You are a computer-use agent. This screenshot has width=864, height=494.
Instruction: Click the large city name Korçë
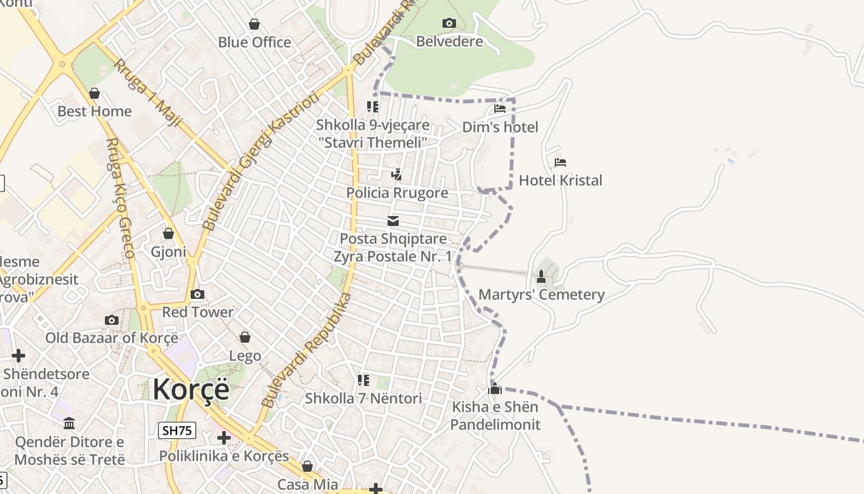click(191, 389)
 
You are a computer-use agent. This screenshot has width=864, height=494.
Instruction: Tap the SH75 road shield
click(177, 430)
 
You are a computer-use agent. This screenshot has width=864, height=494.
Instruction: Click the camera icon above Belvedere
click(449, 23)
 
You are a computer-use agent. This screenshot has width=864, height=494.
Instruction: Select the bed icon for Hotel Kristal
click(560, 162)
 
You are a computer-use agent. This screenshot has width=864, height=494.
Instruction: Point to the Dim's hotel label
click(500, 127)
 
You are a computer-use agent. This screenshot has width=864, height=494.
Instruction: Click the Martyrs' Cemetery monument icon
click(541, 277)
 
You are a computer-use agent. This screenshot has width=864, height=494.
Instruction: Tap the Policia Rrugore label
click(397, 193)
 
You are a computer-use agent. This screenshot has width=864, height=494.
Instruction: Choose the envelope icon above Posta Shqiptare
click(393, 221)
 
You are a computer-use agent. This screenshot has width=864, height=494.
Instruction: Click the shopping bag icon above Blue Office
click(254, 24)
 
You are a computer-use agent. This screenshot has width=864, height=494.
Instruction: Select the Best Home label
click(94, 111)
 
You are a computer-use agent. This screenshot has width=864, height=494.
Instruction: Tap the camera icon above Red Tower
click(197, 295)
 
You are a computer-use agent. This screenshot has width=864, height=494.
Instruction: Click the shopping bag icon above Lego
click(245, 337)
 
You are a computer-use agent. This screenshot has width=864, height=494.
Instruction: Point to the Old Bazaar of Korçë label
click(112, 338)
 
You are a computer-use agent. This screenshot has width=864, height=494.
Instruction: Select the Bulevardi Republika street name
click(306, 350)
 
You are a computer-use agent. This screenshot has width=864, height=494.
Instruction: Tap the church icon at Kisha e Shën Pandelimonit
click(495, 389)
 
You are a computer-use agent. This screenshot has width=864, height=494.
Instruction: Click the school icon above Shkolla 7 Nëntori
click(363, 380)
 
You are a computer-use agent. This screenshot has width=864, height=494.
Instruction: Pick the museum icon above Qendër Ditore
click(69, 424)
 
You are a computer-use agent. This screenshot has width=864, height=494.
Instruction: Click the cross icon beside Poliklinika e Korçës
click(224, 438)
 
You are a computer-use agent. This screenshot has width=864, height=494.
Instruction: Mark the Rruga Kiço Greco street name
click(120, 198)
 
